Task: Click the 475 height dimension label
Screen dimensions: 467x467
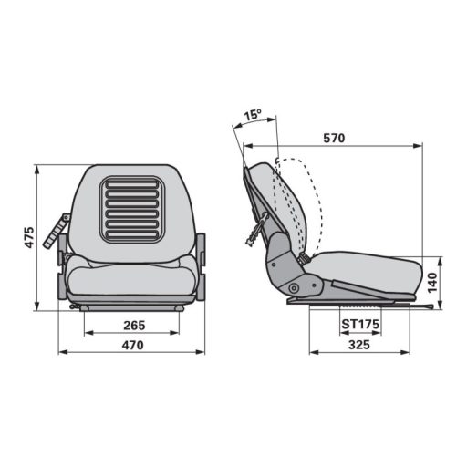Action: coord(29,238)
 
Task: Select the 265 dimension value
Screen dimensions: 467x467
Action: coord(133,325)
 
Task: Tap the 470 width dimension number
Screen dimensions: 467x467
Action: coord(133,345)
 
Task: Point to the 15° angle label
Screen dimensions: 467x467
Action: coord(253,116)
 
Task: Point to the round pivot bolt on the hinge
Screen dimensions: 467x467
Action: coord(294,290)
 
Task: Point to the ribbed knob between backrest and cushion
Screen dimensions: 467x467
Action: coord(304,259)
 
